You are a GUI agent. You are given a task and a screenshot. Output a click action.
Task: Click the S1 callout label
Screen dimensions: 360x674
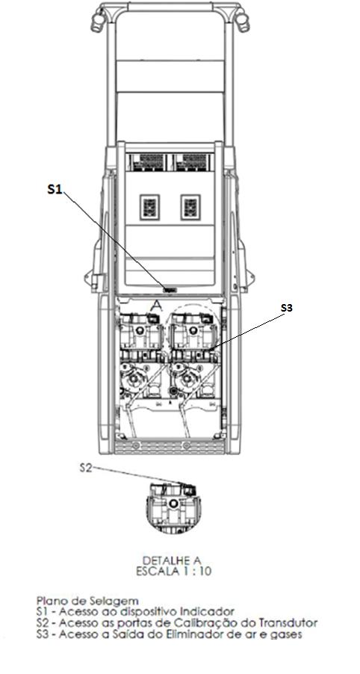55,190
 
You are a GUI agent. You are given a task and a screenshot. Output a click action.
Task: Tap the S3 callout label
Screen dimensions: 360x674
288,308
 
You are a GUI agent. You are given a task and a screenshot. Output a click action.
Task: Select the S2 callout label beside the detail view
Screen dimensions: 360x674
86,468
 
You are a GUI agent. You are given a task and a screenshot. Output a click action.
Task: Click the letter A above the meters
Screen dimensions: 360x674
157,306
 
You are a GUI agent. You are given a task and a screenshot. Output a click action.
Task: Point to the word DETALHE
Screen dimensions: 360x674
161,560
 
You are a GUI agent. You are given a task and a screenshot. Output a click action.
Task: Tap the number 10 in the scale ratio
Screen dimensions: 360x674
206,572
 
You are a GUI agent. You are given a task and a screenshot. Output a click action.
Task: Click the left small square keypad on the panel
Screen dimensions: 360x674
149,207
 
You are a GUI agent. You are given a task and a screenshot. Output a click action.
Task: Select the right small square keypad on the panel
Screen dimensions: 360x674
190,207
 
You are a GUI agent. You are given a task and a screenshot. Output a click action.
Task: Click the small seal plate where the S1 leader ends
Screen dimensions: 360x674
170,290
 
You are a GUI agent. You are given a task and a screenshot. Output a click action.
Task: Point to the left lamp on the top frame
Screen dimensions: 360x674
98,20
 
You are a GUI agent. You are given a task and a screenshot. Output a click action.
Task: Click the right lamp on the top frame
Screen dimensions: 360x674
242,19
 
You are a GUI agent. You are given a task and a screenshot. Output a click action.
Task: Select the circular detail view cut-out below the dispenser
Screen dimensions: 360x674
173,509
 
